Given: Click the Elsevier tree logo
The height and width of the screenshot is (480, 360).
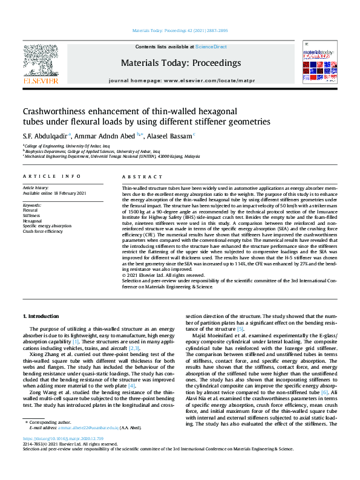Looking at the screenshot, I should tap(40, 60).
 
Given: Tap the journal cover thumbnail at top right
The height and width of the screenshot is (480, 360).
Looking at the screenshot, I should tap(319, 63).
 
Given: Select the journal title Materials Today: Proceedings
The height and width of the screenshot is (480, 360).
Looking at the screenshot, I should tap(180, 63).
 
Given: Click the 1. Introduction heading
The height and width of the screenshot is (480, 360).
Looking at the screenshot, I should tap(41, 316).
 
